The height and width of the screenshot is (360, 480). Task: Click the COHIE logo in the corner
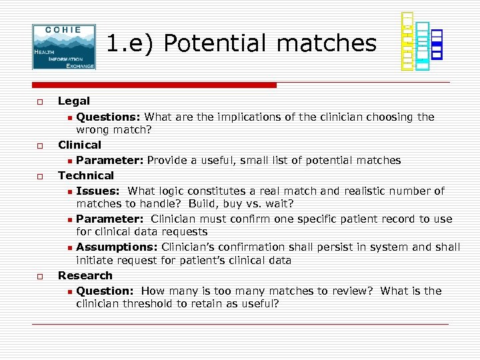pyautogui.click(x=64, y=47)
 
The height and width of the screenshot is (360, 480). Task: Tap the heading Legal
pyautogui.click(x=74, y=101)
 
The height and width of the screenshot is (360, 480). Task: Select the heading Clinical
pyautogui.click(x=79, y=145)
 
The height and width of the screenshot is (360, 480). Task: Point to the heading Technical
pyautogui.click(x=86, y=175)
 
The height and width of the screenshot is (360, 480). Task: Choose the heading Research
pyautogui.click(x=85, y=275)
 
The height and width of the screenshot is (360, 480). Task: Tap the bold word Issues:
pyautogui.click(x=97, y=191)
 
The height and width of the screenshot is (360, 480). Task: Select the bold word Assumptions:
pyautogui.click(x=117, y=247)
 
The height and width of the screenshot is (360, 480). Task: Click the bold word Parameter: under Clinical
pyautogui.click(x=110, y=161)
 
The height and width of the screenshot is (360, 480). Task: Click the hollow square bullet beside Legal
pyautogui.click(x=40, y=102)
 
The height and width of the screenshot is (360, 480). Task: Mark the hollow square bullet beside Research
pyautogui.click(x=40, y=276)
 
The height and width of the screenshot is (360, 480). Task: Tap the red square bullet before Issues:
pyautogui.click(x=69, y=192)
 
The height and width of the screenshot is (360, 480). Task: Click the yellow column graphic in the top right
pyautogui.click(x=407, y=41)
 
